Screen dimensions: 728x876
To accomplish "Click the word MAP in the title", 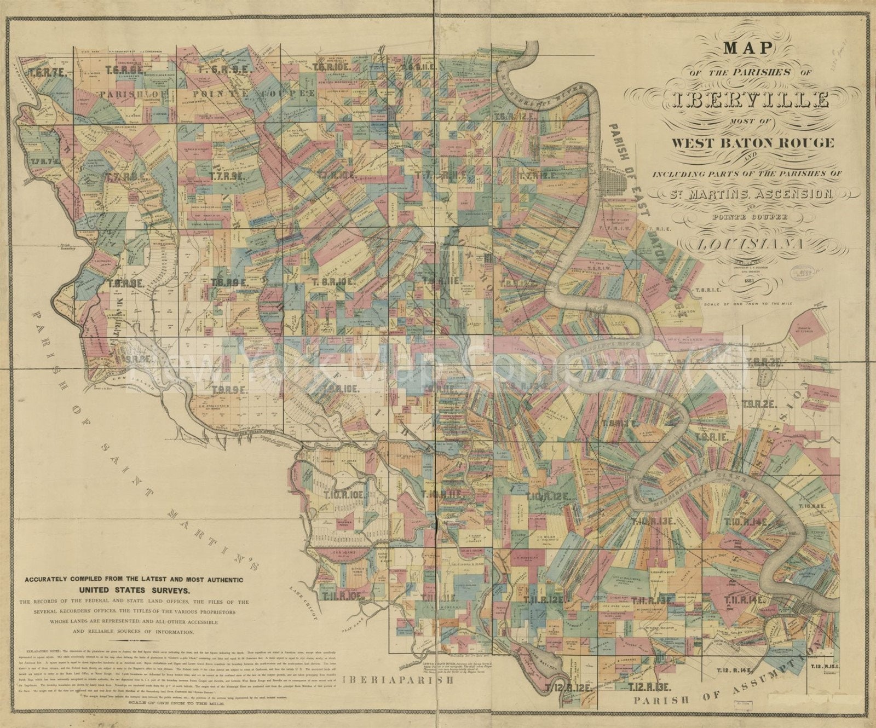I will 747,48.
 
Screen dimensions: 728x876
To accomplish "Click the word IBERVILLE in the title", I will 747,100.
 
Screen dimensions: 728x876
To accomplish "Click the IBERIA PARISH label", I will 399,680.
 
